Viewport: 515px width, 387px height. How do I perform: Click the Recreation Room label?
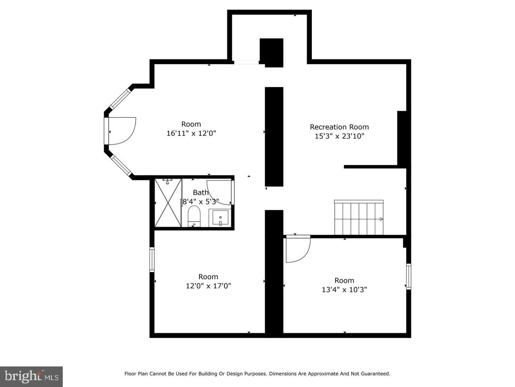pos(339,127)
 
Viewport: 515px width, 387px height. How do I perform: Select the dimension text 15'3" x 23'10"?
pos(339,136)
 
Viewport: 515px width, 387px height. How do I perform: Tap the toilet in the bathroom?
pos(194,216)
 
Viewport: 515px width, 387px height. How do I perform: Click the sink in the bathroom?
pos(220,218)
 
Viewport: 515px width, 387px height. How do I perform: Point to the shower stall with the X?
pos(168,203)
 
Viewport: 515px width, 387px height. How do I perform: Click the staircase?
pos(359,217)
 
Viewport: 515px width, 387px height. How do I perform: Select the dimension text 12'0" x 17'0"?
pos(208,286)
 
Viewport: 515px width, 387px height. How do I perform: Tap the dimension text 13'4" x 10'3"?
pos(344,290)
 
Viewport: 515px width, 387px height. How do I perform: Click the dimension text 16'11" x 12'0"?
pos(191,133)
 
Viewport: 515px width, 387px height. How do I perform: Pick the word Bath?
pos(201,192)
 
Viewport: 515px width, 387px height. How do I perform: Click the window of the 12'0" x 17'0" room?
pos(152,260)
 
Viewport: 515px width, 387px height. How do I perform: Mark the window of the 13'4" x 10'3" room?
pos(409,276)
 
